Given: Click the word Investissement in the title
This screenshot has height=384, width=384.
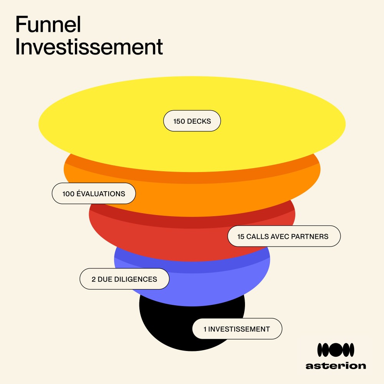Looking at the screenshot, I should [x=89, y=48].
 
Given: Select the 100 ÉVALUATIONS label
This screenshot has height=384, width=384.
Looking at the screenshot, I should [x=94, y=194].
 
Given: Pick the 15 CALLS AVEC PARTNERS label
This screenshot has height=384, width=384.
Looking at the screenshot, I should [x=284, y=236].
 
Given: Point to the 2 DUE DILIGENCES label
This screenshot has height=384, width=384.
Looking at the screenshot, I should [x=124, y=279].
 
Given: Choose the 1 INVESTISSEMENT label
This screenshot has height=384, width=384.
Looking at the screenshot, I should [x=237, y=329].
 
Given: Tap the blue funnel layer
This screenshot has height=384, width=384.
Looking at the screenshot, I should [x=215, y=284].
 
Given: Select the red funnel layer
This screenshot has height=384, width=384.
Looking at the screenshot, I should [x=173, y=242].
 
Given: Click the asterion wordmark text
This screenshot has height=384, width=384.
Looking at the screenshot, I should [x=336, y=366].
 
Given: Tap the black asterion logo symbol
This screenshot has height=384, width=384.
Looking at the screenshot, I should [x=336, y=350].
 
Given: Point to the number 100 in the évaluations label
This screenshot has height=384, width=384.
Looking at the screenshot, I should [x=68, y=194].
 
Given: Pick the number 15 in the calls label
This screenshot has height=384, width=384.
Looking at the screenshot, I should [x=241, y=237].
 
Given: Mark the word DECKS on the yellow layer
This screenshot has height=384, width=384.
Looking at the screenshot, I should [x=199, y=121].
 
